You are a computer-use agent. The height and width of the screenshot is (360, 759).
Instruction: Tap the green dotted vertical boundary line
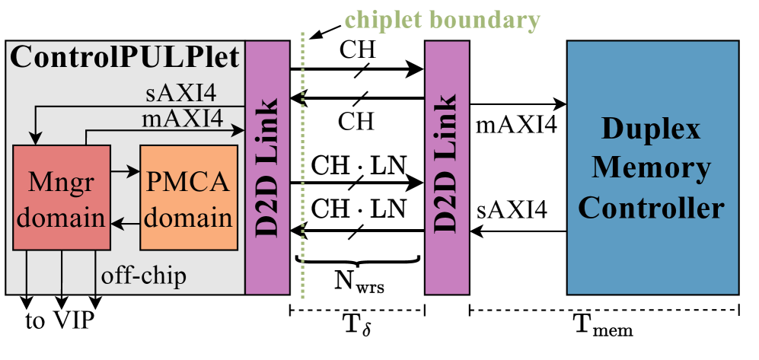(x=303, y=167)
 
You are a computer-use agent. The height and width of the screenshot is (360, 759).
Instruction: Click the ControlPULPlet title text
(x=124, y=58)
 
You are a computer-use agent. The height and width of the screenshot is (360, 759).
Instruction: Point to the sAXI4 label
(x=181, y=94)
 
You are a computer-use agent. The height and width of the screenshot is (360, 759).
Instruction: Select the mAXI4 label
(x=181, y=119)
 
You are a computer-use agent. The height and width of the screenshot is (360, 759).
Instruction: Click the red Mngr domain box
(x=62, y=197)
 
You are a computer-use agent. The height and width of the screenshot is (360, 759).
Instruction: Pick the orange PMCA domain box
(x=189, y=197)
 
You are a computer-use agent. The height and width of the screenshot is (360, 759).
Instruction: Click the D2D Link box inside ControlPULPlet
(x=267, y=167)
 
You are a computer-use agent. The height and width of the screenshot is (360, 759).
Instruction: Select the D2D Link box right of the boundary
(x=447, y=167)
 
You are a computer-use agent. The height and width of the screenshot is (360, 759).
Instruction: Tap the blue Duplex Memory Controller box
(x=652, y=167)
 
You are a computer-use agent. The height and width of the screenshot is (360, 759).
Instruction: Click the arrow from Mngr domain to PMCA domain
(x=125, y=173)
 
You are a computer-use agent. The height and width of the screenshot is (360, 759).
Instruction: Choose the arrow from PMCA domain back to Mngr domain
(x=125, y=223)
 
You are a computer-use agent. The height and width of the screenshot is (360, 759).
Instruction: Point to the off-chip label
(x=143, y=276)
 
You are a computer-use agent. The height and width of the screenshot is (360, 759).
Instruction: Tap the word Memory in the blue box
(x=651, y=167)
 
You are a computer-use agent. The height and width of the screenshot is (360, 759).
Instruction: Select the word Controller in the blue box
(x=651, y=207)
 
